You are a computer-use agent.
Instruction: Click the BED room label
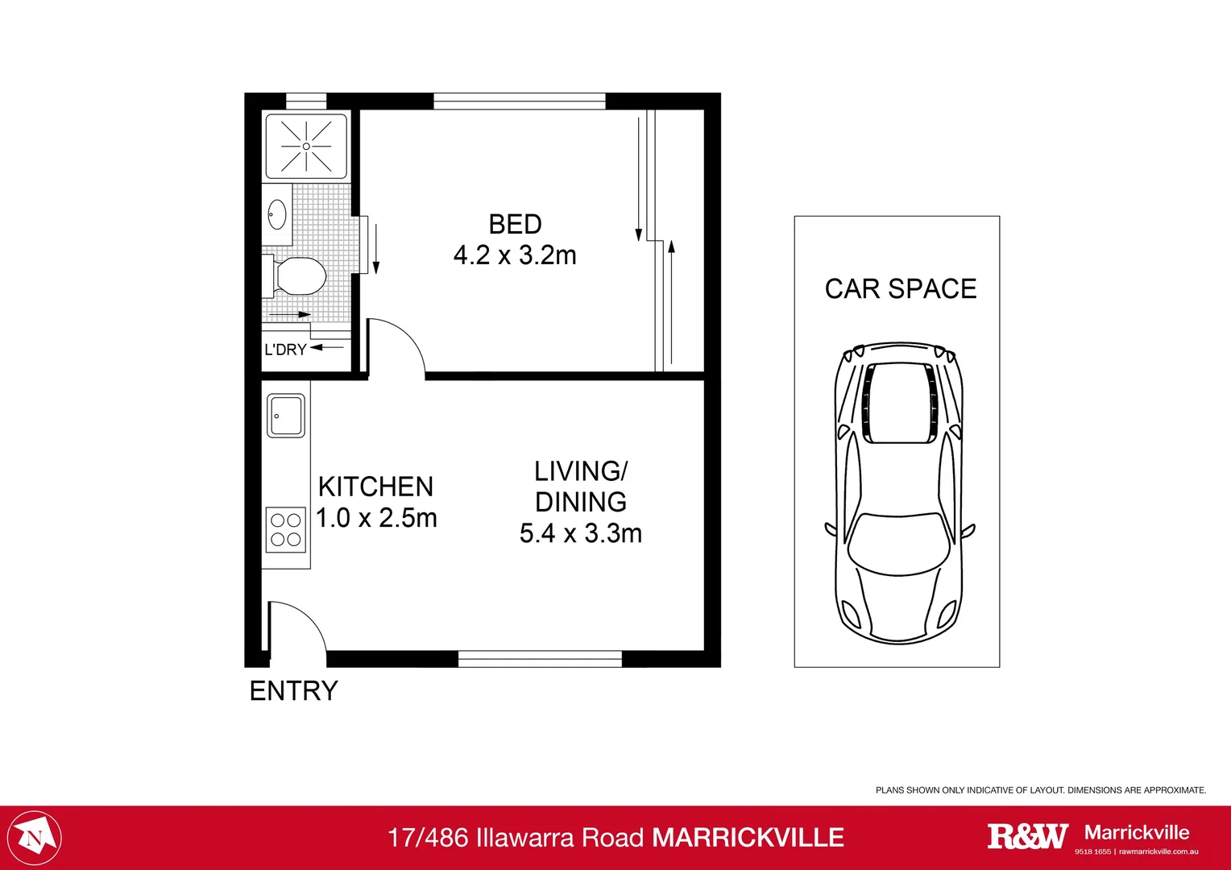point(515,224)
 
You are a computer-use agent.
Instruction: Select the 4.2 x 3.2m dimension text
point(515,255)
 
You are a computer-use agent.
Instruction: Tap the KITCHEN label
point(375,487)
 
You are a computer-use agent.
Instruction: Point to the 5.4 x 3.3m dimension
point(580,533)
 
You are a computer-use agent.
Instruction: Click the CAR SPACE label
point(900,288)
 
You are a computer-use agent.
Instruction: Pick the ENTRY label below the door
point(293,691)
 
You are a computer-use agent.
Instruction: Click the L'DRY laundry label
point(285,350)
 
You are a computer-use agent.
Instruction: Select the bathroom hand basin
point(277,214)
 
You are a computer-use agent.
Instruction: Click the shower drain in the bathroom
point(306,147)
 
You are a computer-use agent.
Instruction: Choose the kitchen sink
point(286,416)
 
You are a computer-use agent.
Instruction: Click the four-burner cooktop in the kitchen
point(286,530)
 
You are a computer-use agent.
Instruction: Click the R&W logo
point(1027,836)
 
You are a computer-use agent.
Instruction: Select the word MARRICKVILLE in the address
point(748,838)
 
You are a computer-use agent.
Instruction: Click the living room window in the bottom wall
point(540,659)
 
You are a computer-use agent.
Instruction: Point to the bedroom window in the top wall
point(519,101)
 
